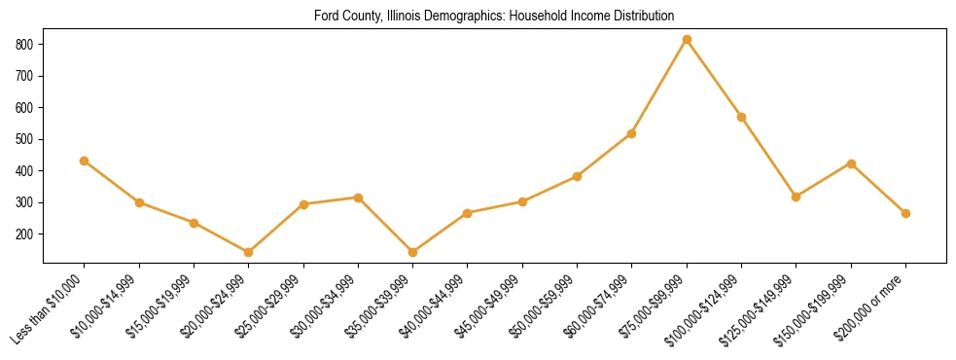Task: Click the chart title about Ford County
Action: (x=494, y=17)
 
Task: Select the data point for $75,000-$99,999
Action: (x=687, y=40)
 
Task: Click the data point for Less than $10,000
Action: (x=85, y=161)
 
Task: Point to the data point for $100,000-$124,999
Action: (x=742, y=117)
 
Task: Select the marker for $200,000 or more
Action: (x=905, y=213)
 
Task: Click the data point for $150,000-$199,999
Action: (x=851, y=163)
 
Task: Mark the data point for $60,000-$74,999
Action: (x=632, y=133)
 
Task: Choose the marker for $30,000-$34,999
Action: (x=359, y=198)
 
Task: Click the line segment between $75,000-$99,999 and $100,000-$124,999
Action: (x=715, y=79)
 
